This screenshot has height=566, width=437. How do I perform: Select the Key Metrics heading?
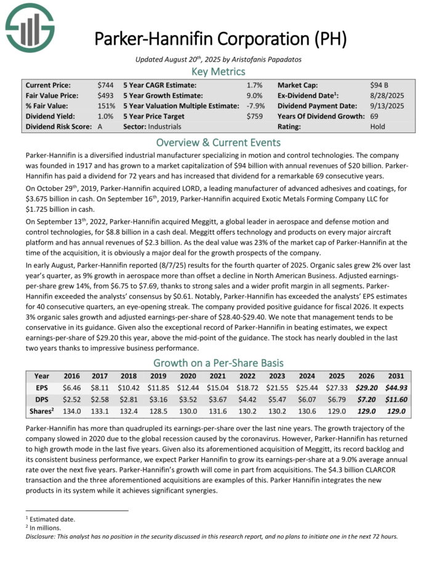click(x=218, y=71)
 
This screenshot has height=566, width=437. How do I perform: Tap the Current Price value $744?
click(x=105, y=85)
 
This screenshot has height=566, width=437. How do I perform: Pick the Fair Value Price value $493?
click(x=105, y=95)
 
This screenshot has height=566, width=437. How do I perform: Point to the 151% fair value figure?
click(x=105, y=106)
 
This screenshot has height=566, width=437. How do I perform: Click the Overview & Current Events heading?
click(x=218, y=142)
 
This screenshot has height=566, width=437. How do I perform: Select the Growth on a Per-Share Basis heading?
click(x=218, y=363)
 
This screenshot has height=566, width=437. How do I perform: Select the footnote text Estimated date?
click(x=47, y=519)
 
